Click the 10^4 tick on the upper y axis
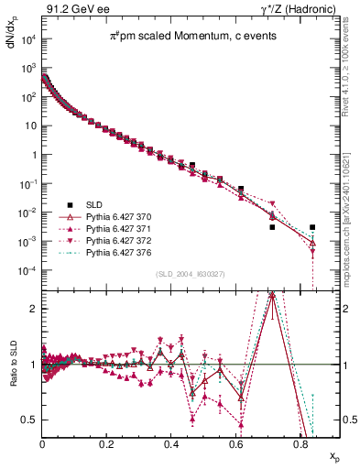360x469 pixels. click(x=27, y=38)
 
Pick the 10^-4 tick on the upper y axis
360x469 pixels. click(x=27, y=270)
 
